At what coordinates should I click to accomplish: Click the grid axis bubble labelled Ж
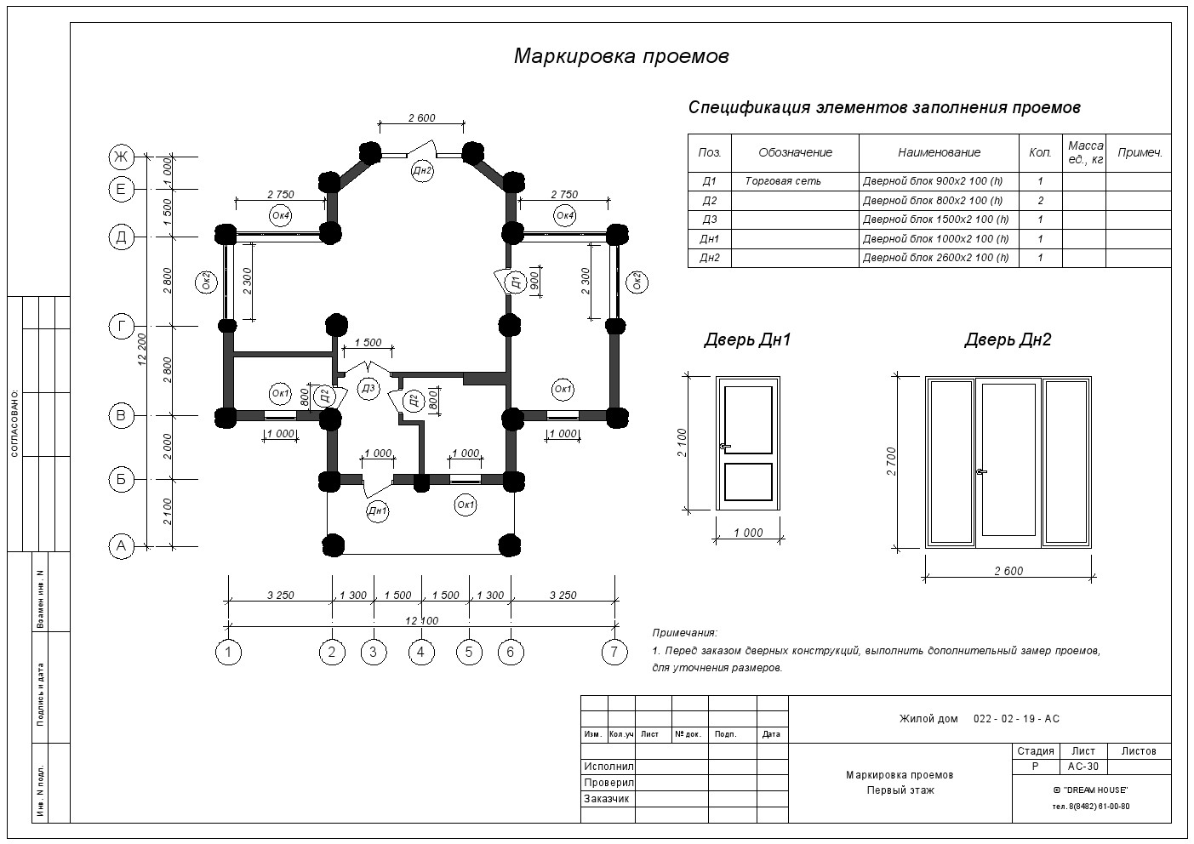coord(122,157)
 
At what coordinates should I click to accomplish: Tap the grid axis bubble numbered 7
coord(614,653)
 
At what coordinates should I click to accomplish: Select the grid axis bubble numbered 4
coord(421,653)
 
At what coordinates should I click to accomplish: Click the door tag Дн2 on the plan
coord(422,171)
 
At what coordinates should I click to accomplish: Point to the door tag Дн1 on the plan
coord(377,511)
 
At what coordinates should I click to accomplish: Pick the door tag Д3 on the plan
coord(368,389)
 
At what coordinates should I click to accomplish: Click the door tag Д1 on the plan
coord(515,282)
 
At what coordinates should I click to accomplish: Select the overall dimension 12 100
coord(421,621)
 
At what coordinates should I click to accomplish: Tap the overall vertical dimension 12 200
coord(142,349)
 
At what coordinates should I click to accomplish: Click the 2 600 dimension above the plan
coord(421,117)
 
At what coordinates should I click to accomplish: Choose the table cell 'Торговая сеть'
coord(782,181)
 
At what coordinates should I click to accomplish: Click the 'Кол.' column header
coord(1040,152)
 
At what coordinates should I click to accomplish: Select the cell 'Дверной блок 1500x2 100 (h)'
coord(935,220)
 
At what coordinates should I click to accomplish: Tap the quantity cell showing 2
coord(1041,201)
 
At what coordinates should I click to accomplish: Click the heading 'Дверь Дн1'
coord(747,339)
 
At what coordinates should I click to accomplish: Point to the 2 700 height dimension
coord(891,461)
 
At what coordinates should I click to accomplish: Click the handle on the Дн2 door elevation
coord(980,471)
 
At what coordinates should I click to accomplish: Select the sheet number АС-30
coord(1083,767)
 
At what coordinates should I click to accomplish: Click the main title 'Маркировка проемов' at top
coord(621,56)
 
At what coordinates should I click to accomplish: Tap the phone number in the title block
coord(1090,807)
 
